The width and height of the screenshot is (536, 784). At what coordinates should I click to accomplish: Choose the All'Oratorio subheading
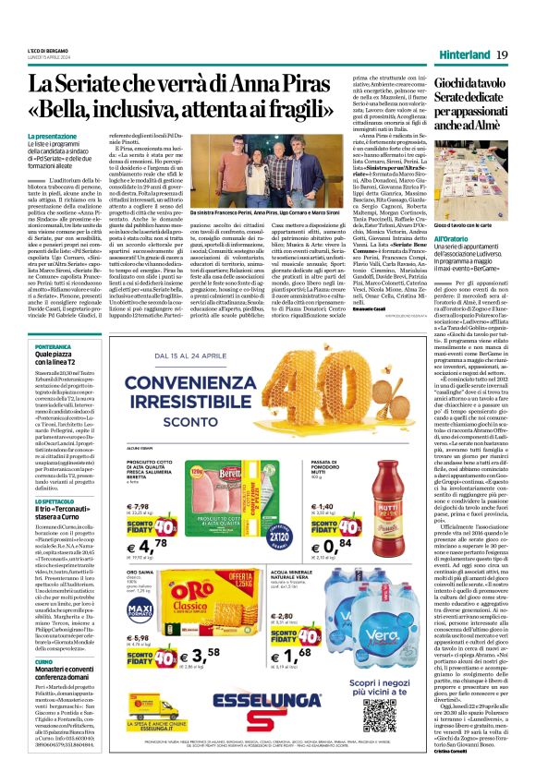click(457, 238)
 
